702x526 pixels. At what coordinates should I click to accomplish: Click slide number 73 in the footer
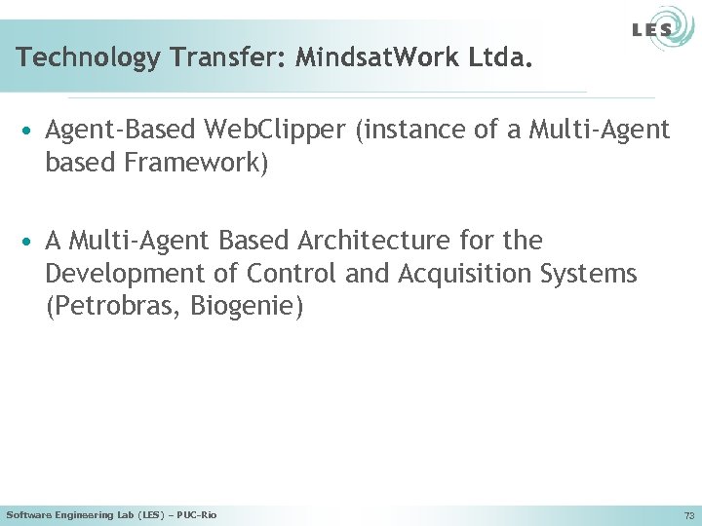click(x=689, y=515)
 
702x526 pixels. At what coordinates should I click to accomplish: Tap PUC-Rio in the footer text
click(x=198, y=514)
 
